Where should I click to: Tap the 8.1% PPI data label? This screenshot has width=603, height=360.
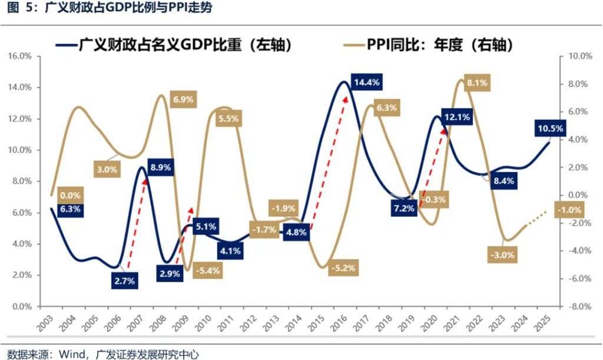(x=477, y=83)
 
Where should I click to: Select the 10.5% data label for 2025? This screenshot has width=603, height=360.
(x=550, y=128)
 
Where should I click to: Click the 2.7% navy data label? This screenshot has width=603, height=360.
(x=125, y=281)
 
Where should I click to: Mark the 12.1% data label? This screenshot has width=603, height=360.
(x=457, y=117)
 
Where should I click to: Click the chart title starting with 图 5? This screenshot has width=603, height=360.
(x=82, y=9)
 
